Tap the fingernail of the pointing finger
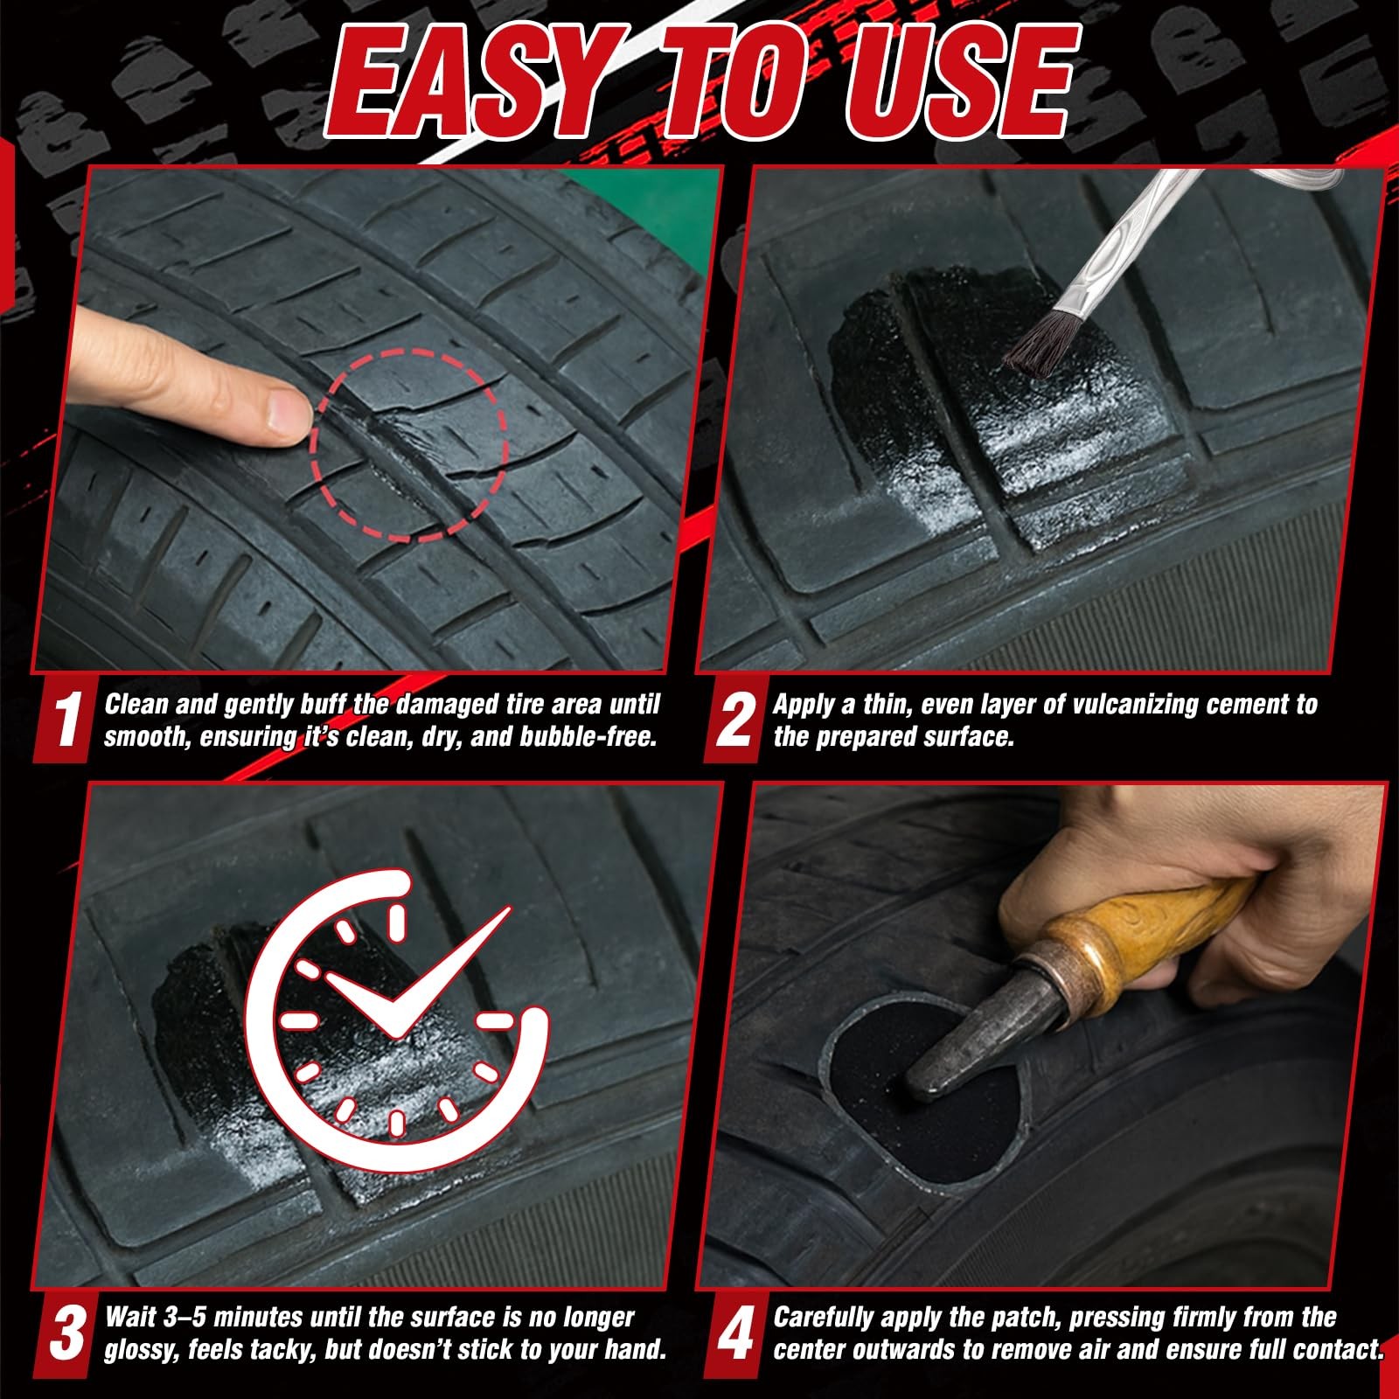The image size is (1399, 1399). pyautogui.click(x=286, y=412)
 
